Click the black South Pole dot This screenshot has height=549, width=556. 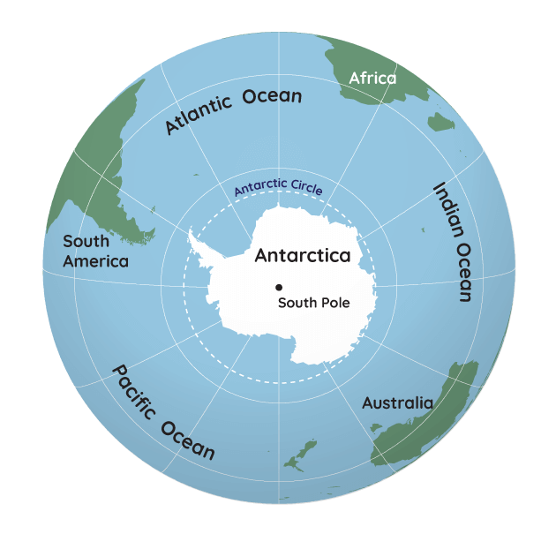279,287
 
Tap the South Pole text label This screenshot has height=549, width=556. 314,303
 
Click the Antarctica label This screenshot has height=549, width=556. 303,256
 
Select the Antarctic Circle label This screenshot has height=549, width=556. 278,189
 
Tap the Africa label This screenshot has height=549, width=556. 372,79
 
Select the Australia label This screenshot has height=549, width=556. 398,403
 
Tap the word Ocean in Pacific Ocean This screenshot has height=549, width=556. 188,440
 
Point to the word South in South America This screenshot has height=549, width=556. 86,241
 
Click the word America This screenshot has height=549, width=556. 95,261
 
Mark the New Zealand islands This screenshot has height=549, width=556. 304,455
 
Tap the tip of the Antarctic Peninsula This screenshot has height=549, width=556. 192,233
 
